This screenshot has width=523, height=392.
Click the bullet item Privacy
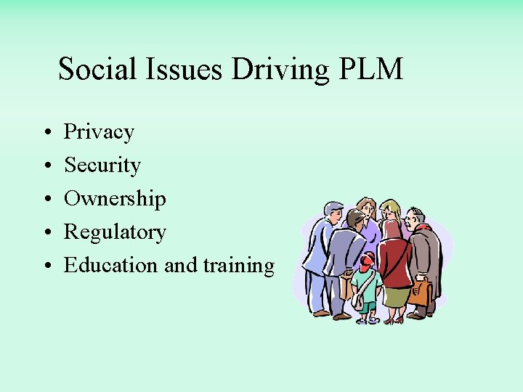pos(99,132)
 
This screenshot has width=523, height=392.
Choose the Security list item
pos(102,166)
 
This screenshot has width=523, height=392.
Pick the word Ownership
pos(115,199)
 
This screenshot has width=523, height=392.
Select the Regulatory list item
pos(115,232)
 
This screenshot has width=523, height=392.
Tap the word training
pos(238,266)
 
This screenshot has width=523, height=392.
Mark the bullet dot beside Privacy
pos(46,133)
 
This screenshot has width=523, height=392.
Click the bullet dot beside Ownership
pos(46,200)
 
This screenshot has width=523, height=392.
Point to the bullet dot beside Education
pos(46,266)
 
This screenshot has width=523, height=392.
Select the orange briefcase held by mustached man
pos(419,293)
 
